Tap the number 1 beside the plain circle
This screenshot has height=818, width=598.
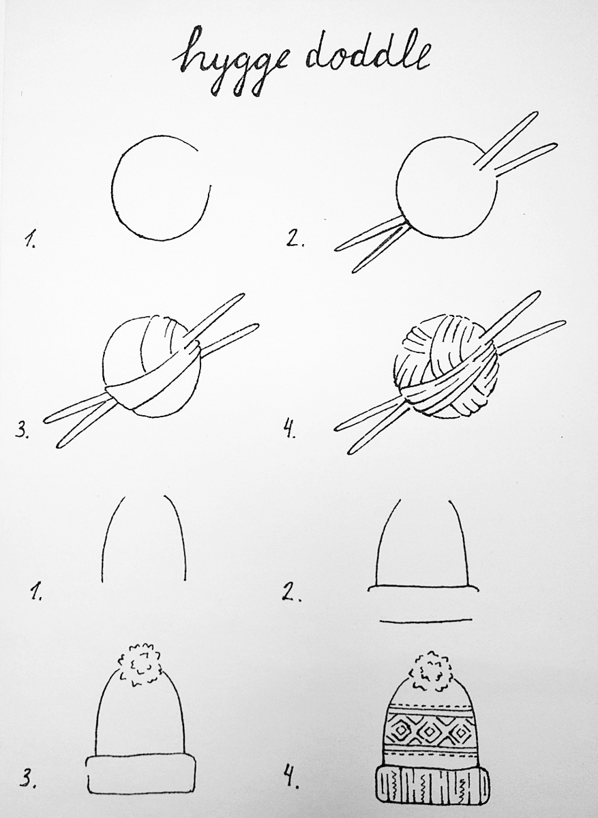click(x=30, y=239)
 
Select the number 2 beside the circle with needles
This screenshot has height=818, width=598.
click(x=295, y=239)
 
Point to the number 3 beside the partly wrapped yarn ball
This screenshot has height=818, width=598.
click(x=22, y=430)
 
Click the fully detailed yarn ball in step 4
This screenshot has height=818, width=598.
click(x=447, y=366)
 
